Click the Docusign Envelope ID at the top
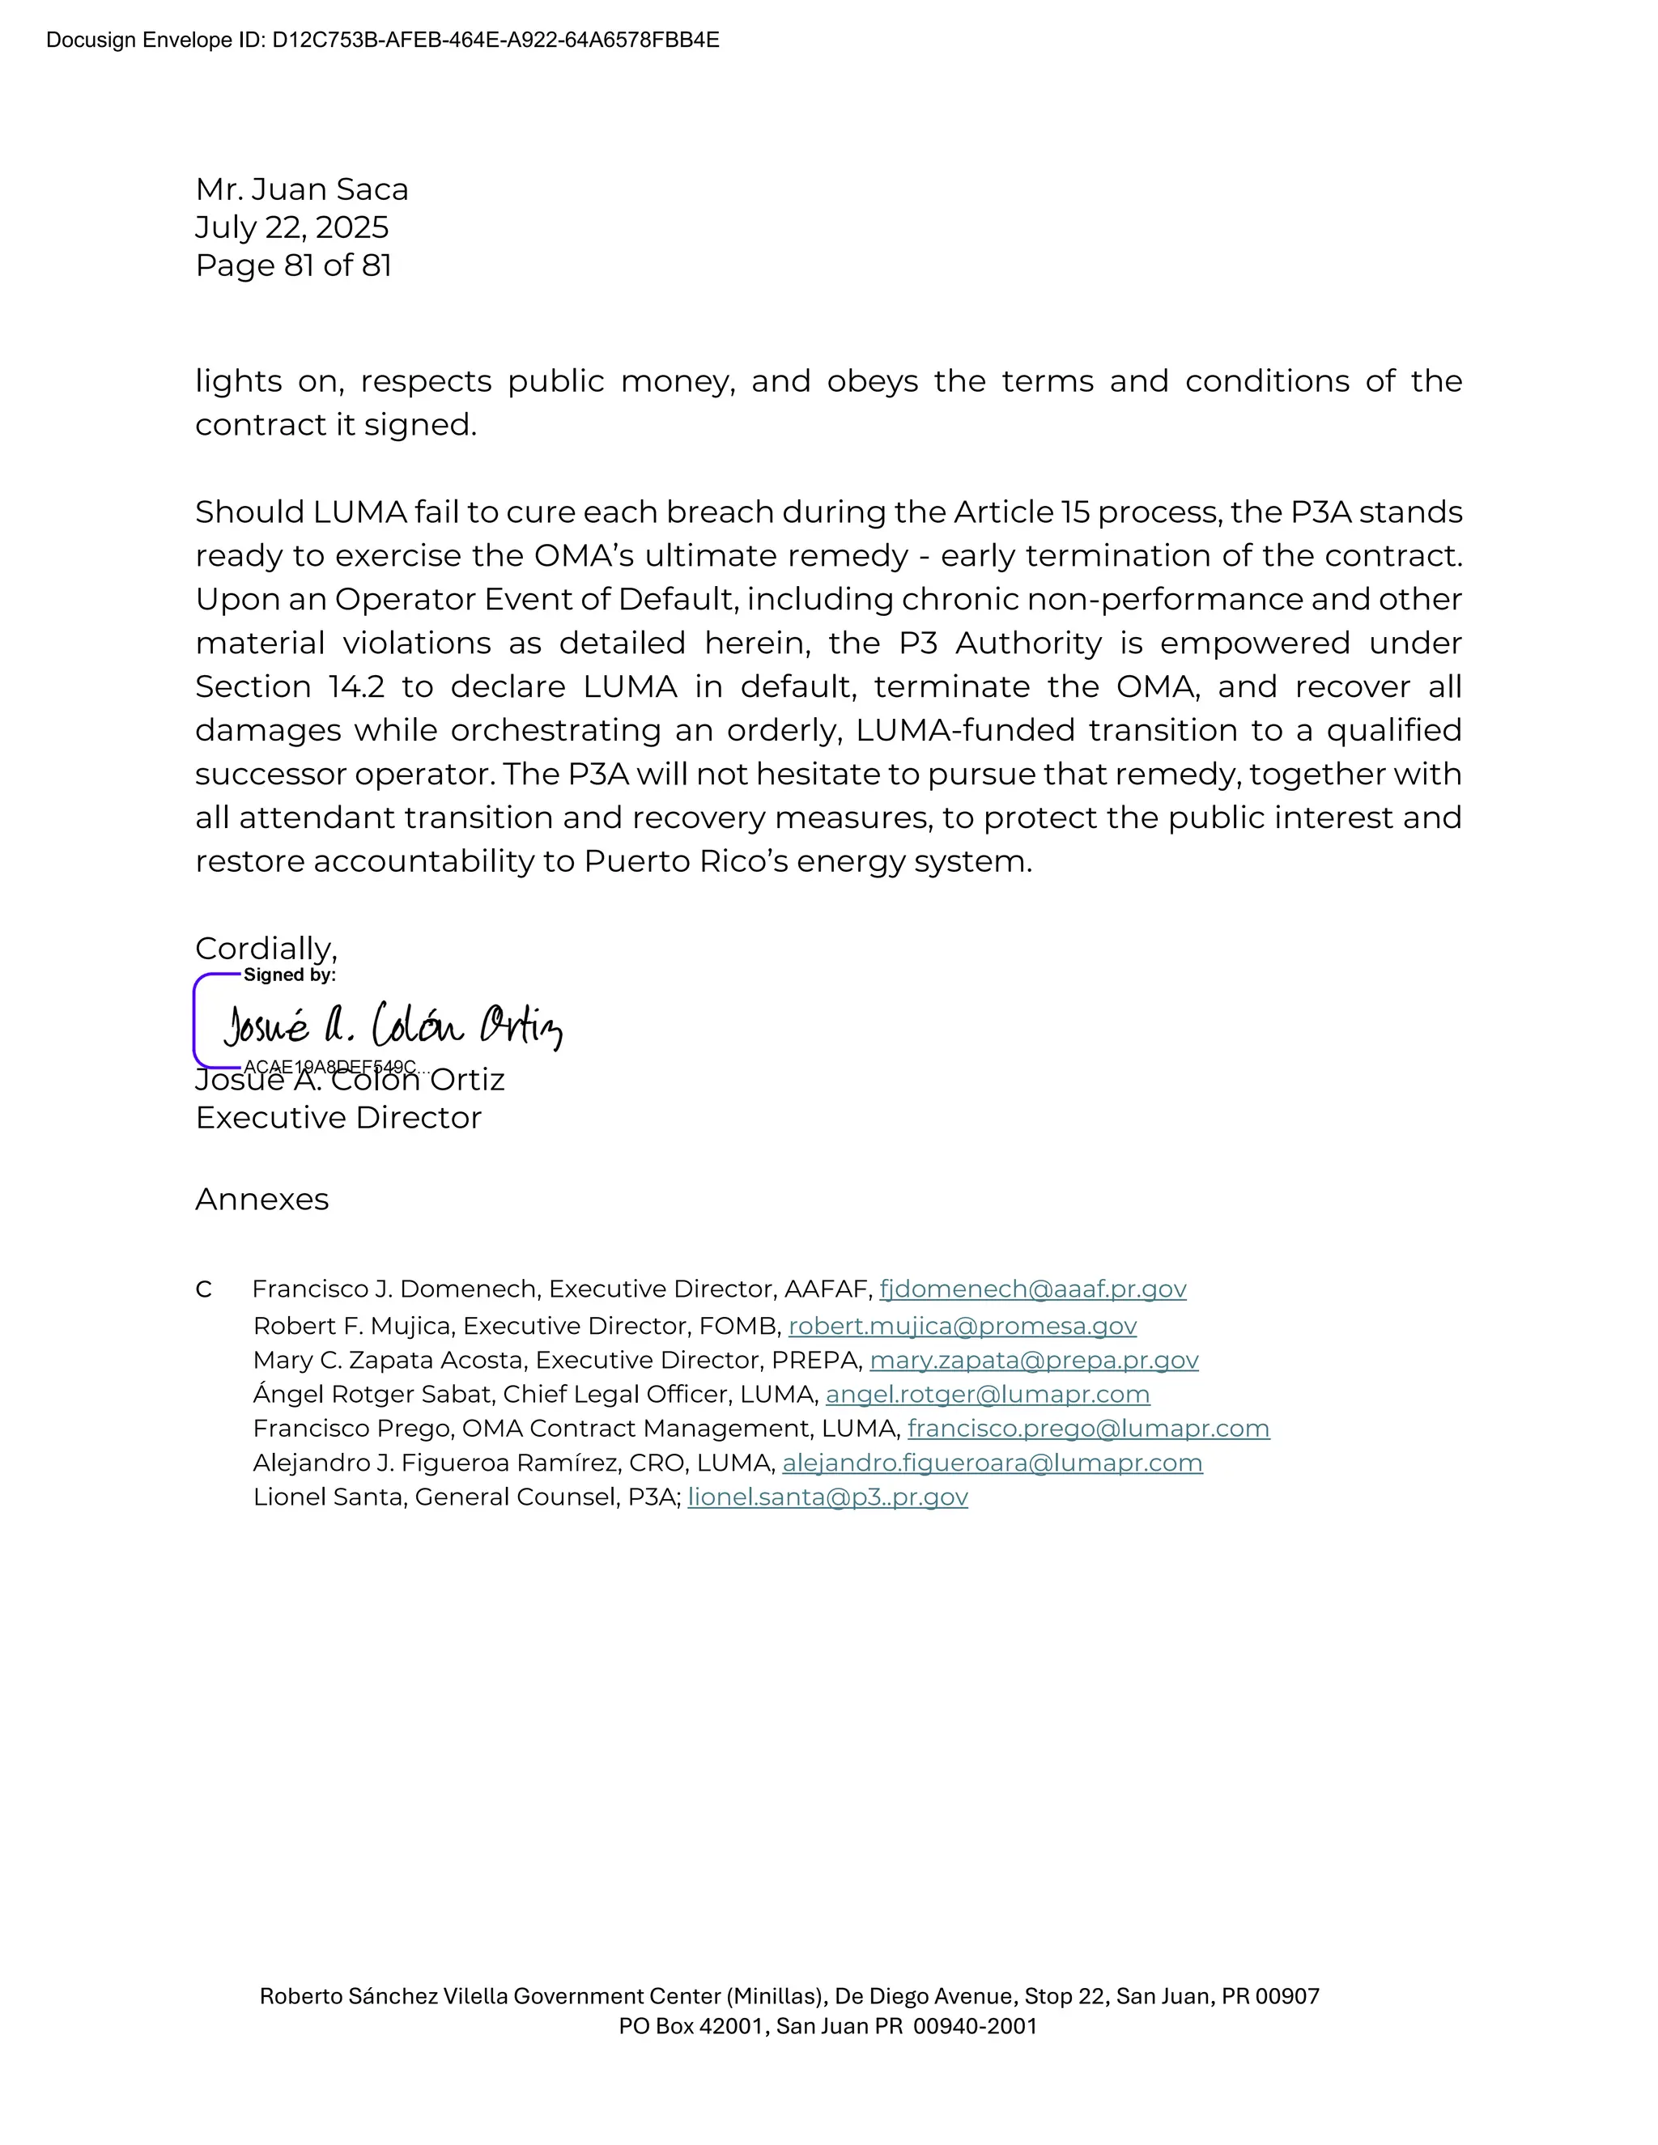382,40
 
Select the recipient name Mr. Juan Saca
301,189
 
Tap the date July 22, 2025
291,227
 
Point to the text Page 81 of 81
293,265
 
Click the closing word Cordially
266,949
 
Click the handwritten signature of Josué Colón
393,1026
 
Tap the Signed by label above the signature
289,975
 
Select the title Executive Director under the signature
338,1118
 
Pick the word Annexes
261,1200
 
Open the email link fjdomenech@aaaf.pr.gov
1032,1289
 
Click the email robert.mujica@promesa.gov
962,1326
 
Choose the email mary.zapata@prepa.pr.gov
1033,1361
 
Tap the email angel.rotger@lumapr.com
987,1395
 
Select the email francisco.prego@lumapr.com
1087,1428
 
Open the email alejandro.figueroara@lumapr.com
992,1463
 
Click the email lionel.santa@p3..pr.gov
827,1497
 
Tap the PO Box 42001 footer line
827,2026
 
